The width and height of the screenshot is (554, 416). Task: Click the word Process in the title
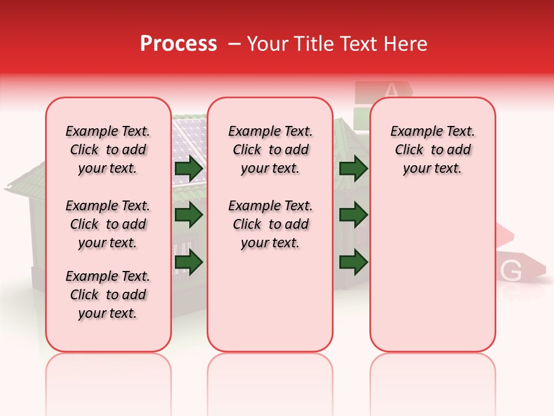[x=178, y=44]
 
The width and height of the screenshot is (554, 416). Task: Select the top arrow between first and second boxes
[x=189, y=169]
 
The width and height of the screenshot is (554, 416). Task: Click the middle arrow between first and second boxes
[x=189, y=215]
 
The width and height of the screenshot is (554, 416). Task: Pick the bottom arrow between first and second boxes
[x=189, y=262]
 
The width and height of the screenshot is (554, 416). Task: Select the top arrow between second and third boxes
[x=353, y=169]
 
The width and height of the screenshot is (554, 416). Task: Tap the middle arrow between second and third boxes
[x=353, y=215]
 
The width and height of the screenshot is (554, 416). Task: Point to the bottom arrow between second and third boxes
[x=353, y=262]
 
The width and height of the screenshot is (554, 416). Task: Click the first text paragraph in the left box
[x=108, y=150]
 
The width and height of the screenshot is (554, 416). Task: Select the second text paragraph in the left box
[x=108, y=224]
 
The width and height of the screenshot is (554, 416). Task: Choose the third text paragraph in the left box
[x=108, y=295]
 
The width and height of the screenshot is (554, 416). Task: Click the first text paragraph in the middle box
[x=270, y=150]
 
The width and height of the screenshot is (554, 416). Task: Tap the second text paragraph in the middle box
[x=270, y=224]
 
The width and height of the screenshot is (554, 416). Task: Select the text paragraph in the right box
[x=432, y=150]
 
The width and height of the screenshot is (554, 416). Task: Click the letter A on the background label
[x=391, y=90]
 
